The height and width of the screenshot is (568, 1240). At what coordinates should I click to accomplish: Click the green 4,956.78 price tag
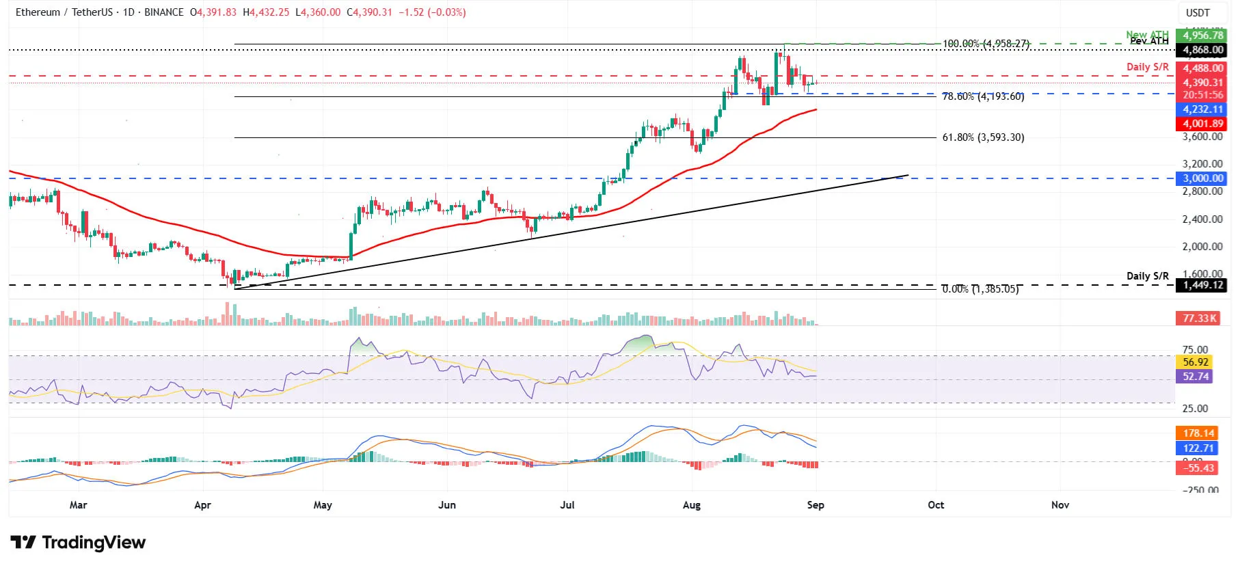(x=1202, y=36)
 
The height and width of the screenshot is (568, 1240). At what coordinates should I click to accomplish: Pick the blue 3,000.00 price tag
(x=1202, y=178)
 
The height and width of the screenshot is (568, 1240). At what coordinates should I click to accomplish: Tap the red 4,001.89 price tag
(x=1202, y=124)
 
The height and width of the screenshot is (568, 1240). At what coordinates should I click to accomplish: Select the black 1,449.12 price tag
(x=1202, y=285)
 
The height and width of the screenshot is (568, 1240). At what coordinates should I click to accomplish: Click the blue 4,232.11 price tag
(x=1202, y=109)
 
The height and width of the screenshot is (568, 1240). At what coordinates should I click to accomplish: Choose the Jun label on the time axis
(x=446, y=505)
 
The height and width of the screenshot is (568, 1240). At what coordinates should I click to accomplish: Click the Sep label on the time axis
(x=816, y=505)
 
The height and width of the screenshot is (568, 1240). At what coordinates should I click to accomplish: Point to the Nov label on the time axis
(x=1060, y=505)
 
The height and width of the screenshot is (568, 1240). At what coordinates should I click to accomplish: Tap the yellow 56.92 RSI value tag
(x=1194, y=362)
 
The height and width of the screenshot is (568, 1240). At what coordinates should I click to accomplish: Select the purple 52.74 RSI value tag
(x=1194, y=377)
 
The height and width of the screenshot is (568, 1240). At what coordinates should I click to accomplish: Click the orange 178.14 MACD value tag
(x=1198, y=433)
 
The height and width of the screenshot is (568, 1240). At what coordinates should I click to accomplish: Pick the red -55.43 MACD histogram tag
(x=1198, y=468)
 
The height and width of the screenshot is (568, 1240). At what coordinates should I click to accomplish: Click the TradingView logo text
(x=94, y=543)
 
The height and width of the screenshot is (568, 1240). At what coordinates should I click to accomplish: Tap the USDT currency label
(x=1198, y=12)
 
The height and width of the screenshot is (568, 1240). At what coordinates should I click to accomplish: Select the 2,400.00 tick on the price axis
(x=1202, y=219)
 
